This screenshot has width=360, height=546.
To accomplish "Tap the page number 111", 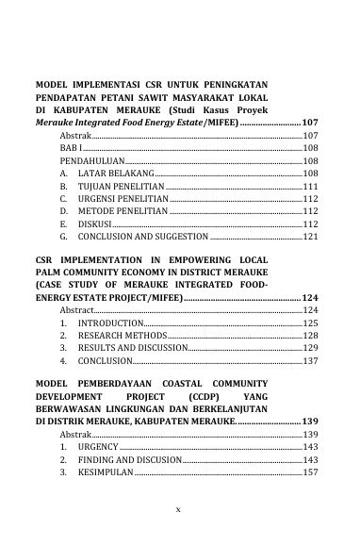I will (x=310, y=188).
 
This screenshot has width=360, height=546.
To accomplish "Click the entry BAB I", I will (x=70, y=149).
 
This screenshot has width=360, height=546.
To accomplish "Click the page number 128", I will (x=310, y=335).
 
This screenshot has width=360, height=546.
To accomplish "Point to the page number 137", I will (x=310, y=360).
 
